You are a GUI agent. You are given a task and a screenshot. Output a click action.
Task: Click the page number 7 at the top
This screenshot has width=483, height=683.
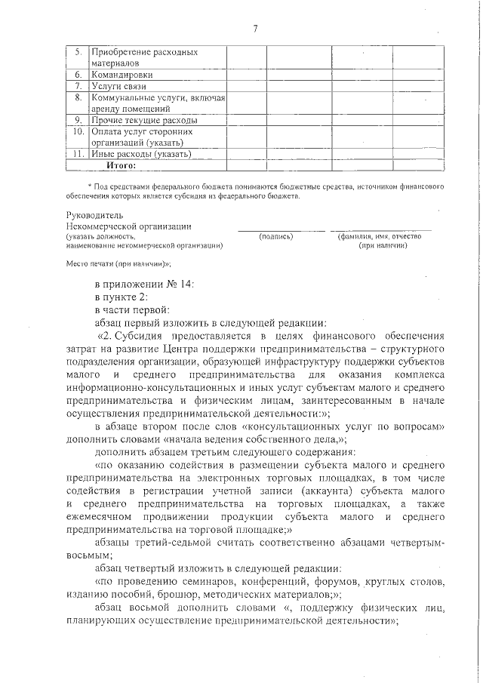tap(255, 29)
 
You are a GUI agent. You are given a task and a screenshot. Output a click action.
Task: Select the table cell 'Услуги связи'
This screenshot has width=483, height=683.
tap(118, 87)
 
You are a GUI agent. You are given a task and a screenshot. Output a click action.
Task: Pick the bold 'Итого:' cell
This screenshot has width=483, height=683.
tap(122, 165)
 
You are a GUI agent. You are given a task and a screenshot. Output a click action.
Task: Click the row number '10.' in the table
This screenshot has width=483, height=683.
tap(77, 131)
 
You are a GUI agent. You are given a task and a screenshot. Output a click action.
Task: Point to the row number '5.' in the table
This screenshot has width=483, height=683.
tap(78, 53)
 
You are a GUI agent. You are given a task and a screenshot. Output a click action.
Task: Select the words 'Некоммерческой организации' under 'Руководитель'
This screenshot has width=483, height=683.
tap(129, 226)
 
